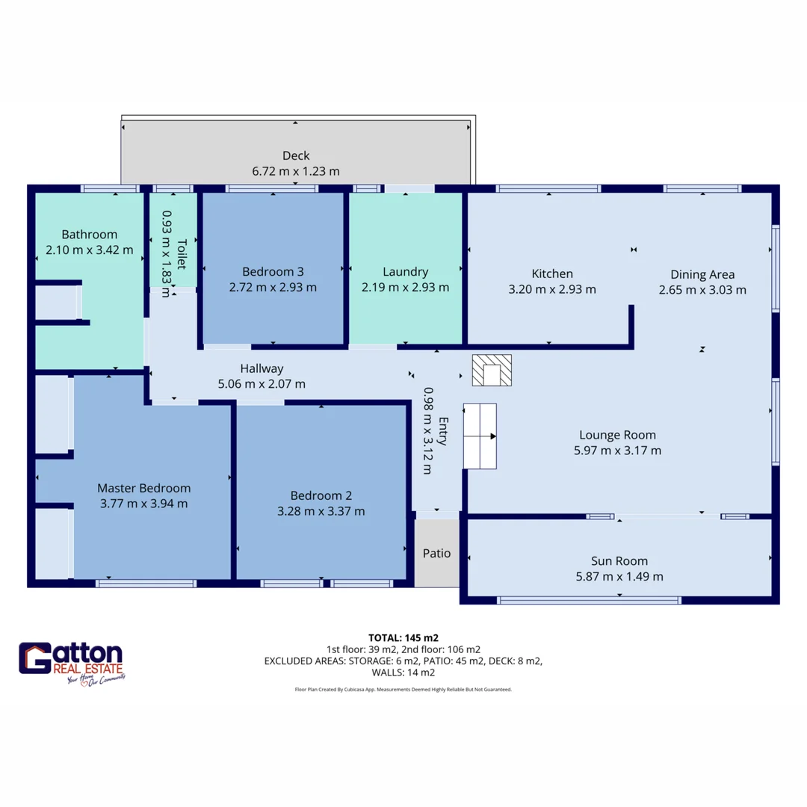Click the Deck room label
[x=296, y=155]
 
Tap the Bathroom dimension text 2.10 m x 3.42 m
[x=90, y=250]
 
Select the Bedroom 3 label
[x=273, y=271]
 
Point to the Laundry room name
[x=406, y=272]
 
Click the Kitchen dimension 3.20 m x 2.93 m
[x=552, y=289]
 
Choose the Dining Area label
[x=702, y=274]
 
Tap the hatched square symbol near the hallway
[x=492, y=370]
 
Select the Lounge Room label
[x=618, y=435]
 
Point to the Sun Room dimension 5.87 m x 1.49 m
[x=619, y=576]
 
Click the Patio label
[x=436, y=553]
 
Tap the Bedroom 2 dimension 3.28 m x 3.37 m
[x=321, y=511]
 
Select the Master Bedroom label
[x=144, y=488]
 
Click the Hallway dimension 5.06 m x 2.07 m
[x=262, y=384]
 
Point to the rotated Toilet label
[x=182, y=254]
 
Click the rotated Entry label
[x=443, y=431]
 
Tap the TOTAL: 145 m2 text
[x=403, y=638]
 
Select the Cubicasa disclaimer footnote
[x=403, y=690]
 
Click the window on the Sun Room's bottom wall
[x=590, y=600]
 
